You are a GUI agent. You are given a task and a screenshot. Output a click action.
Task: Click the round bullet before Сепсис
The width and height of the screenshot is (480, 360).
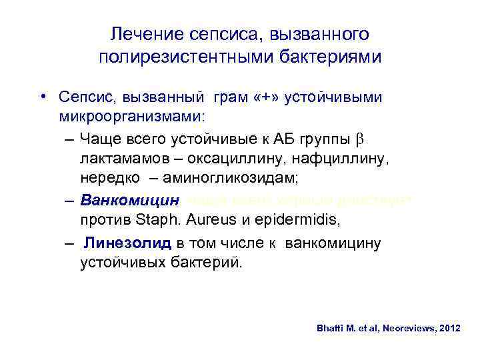coord(42,99)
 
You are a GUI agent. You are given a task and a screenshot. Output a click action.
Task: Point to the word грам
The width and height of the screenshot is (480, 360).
coord(230,99)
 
